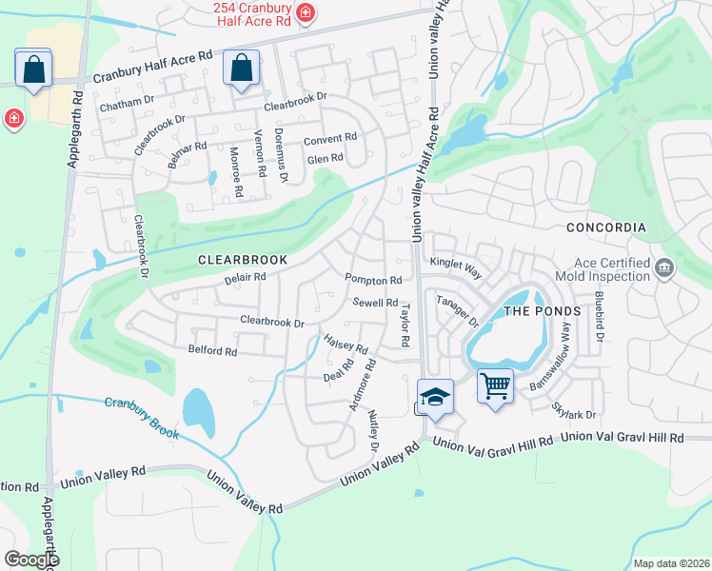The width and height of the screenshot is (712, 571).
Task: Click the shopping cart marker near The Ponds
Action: tap(495, 386)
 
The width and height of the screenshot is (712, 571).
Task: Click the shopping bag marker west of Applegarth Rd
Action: tap(33, 69)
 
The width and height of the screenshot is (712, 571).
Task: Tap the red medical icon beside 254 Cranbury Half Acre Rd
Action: tap(305, 13)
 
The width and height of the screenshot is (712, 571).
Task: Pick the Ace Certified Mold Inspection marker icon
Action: tap(664, 266)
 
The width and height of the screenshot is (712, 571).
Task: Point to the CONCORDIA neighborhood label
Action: tap(605, 228)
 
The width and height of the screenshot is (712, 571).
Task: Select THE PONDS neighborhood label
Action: tap(542, 311)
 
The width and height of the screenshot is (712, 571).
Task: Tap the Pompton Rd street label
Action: tap(373, 281)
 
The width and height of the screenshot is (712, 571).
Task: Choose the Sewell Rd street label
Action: tap(375, 303)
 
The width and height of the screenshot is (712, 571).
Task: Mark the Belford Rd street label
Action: tap(212, 351)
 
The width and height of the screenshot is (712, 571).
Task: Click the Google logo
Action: tap(32, 560)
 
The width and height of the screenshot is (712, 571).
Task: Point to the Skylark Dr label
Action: tap(573, 409)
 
